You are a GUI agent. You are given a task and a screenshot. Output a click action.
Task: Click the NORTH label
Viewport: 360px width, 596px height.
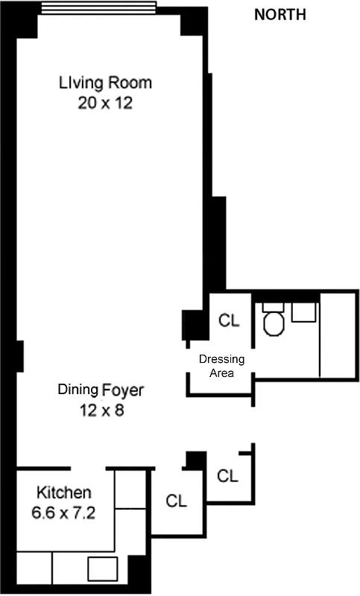pyautogui.click(x=280, y=15)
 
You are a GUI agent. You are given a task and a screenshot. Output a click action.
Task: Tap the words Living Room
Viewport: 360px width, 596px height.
pyautogui.click(x=105, y=83)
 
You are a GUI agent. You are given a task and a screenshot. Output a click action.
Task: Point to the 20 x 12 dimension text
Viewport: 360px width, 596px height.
pyautogui.click(x=105, y=103)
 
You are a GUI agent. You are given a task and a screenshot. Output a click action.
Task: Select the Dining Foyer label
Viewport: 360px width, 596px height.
pyautogui.click(x=101, y=390)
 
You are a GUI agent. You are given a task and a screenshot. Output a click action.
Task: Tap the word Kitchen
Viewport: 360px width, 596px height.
pyautogui.click(x=64, y=492)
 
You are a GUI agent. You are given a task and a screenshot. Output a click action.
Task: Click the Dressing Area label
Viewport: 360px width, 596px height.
pyautogui.click(x=221, y=366)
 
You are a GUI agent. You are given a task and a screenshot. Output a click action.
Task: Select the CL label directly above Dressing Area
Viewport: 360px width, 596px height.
pyautogui.click(x=228, y=320)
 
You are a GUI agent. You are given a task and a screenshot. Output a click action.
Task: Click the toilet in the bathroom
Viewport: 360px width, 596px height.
pyautogui.click(x=273, y=321)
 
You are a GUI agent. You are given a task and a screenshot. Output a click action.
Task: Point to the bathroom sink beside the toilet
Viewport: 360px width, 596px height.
pyautogui.click(x=303, y=312)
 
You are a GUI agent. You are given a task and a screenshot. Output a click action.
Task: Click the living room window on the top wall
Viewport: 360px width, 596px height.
pyautogui.click(x=98, y=8)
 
